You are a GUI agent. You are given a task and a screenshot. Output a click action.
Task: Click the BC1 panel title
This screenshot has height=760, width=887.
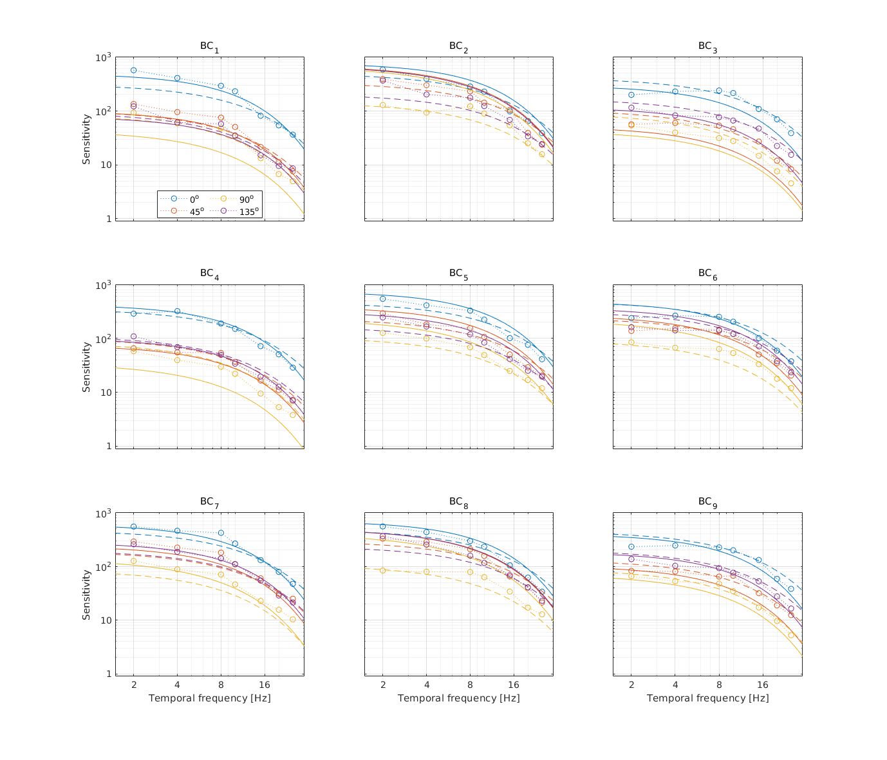coord(209,47)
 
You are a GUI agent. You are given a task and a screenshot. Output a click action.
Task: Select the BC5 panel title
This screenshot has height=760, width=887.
coord(458,275)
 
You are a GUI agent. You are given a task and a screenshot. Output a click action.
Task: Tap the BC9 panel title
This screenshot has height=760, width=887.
coord(707,502)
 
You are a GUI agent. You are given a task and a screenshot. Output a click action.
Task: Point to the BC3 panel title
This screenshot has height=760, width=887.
coord(707,47)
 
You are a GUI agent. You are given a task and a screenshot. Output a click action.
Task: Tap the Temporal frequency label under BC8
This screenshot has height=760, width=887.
coord(458,698)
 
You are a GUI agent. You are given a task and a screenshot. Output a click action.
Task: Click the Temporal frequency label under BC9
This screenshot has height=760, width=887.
coord(707,698)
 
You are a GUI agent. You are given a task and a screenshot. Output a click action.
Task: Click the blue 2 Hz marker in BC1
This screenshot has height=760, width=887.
coord(134,70)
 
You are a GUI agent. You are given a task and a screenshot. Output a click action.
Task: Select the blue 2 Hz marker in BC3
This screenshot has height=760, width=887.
coord(631,95)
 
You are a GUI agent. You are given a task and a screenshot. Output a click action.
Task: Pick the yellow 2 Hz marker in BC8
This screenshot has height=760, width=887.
coord(383,570)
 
